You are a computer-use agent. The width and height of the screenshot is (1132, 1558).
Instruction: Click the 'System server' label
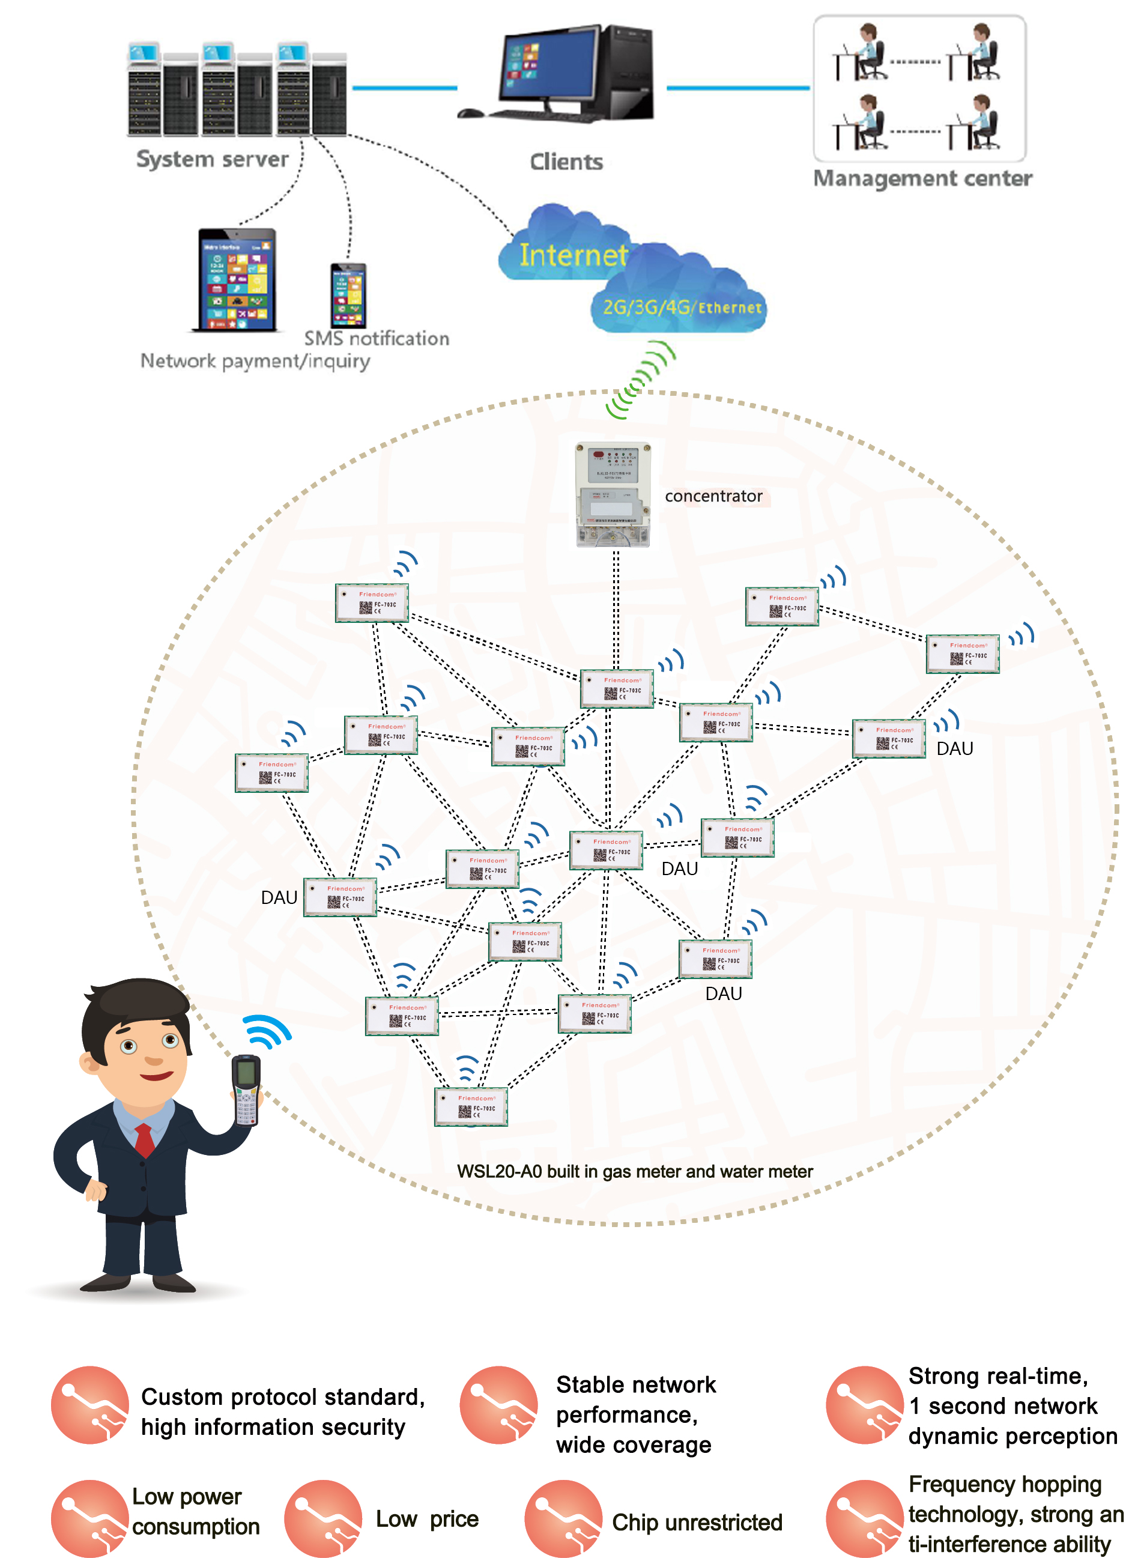tap(212, 159)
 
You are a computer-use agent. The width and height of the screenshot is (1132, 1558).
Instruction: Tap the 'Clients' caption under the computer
tap(566, 162)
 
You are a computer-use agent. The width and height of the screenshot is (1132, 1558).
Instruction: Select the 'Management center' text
tap(922, 178)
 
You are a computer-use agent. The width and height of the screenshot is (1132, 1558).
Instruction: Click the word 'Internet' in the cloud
tap(573, 255)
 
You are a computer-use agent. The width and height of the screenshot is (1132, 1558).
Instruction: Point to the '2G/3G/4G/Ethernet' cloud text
tap(682, 307)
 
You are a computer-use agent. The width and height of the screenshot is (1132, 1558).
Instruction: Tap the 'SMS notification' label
tap(377, 339)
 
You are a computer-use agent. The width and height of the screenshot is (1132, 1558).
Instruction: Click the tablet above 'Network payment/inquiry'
tap(237, 280)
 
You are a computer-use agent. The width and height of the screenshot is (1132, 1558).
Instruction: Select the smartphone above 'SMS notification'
tap(348, 296)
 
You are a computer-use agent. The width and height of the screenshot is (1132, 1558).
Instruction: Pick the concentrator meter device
tap(613, 494)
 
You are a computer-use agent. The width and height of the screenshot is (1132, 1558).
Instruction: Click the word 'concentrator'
tap(713, 496)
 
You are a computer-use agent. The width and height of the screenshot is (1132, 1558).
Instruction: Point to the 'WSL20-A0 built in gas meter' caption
tap(634, 1171)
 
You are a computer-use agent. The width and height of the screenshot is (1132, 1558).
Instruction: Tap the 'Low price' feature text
tap(426, 1519)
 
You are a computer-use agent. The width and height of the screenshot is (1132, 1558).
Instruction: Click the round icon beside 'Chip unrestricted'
tap(563, 1519)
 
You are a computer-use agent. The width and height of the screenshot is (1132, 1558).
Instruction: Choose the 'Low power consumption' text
tap(196, 1511)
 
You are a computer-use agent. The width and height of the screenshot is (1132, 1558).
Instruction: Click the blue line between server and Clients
tap(405, 88)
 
